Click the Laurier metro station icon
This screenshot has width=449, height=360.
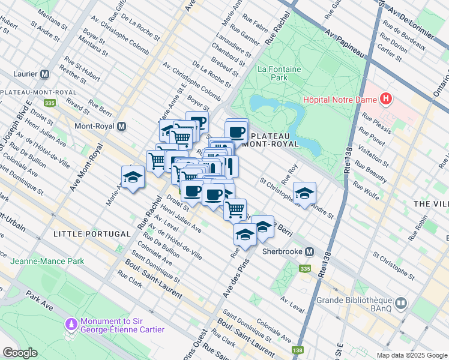pyautogui.click(x=44, y=74)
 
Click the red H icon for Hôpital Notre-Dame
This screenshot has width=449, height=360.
pyautogui.click(x=385, y=99)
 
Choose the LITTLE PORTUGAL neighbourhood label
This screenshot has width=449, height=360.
pyautogui.click(x=92, y=233)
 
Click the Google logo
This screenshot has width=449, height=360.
pyautogui.click(x=20, y=352)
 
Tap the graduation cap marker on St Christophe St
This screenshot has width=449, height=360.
pyautogui.click(x=305, y=193)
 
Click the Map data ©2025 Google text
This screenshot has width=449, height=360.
pyautogui.click(x=411, y=355)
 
